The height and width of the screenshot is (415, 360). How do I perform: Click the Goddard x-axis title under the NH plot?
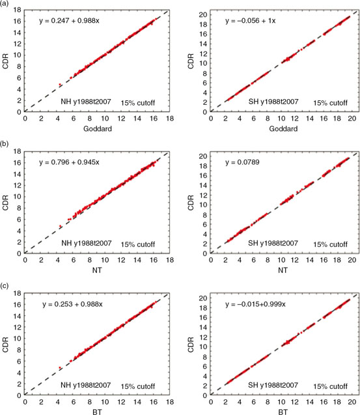pos(96,128)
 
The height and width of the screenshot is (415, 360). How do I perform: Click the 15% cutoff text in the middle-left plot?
pos(140,244)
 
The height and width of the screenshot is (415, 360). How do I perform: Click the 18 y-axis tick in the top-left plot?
pos(18,10)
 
